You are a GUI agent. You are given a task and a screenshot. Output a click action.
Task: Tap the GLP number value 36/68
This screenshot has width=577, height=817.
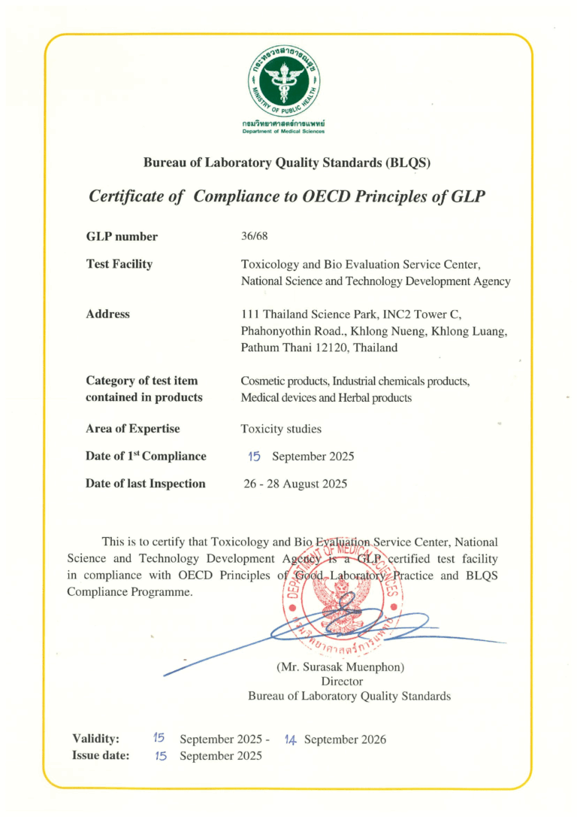click(254, 236)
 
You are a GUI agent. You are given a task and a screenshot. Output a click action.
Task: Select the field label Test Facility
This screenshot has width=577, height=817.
click(119, 264)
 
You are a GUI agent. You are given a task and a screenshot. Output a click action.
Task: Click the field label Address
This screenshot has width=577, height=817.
click(108, 314)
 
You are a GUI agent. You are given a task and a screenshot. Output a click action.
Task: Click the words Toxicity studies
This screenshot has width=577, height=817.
click(281, 429)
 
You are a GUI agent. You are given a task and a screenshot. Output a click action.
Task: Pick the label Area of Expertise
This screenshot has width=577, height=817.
click(133, 429)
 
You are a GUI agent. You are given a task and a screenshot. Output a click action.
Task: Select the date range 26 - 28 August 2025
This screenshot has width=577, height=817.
click(295, 484)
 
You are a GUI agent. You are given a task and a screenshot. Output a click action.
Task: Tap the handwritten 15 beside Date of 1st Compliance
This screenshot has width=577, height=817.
click(254, 456)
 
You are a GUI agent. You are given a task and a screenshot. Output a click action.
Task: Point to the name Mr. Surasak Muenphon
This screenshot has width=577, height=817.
click(340, 667)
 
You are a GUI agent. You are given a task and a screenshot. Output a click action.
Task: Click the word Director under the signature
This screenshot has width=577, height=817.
click(341, 681)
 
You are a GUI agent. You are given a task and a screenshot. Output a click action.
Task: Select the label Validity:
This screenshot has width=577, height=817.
click(95, 739)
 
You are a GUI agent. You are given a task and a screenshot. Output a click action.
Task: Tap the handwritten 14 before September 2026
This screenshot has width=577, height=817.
click(291, 740)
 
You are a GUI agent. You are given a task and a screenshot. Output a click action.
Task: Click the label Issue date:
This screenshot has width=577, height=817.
click(101, 755)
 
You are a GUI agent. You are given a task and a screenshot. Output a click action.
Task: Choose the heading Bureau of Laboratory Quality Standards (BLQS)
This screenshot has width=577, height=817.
click(287, 162)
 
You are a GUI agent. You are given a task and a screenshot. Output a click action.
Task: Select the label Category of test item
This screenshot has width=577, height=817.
click(142, 381)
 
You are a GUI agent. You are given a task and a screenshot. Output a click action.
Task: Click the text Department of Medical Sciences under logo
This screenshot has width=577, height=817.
click(283, 130)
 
